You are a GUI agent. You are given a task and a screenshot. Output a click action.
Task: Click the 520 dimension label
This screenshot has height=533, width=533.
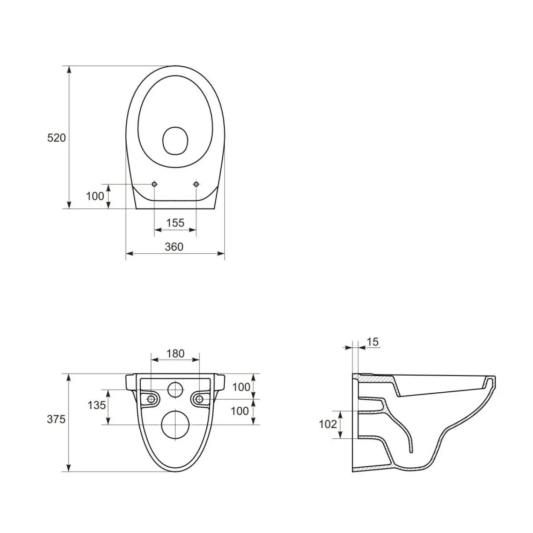point(56,138)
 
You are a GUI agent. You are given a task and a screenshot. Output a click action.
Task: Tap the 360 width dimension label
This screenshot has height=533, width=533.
point(174,247)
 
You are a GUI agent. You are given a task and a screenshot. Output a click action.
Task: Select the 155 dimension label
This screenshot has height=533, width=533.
point(175,223)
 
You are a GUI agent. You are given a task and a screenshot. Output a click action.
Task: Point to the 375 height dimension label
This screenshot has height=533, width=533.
point(56,419)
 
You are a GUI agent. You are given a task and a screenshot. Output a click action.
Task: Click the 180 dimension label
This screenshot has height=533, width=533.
point(175,353)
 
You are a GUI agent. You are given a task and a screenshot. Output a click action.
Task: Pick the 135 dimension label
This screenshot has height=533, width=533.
point(97,405)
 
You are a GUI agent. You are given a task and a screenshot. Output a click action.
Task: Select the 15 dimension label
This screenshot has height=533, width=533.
point(372,342)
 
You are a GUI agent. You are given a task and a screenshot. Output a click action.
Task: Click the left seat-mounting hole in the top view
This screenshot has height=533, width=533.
point(154,184)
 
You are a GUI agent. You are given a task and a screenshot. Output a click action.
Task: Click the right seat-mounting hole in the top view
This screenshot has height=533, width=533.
point(196,184)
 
